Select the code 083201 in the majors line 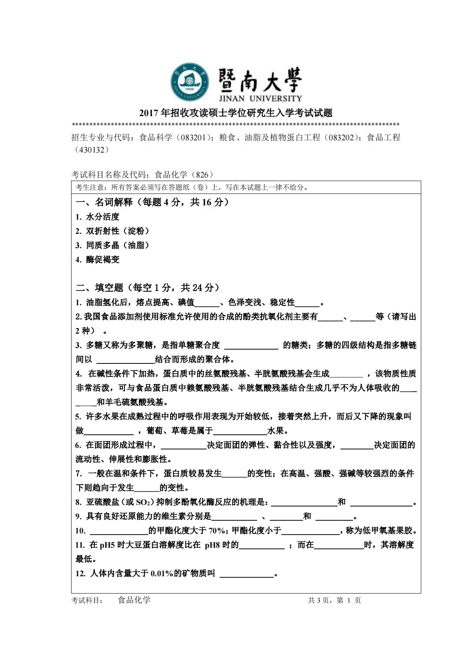(x=192, y=138)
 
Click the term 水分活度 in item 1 (x=103, y=217)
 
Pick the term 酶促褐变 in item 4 (x=103, y=260)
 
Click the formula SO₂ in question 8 (x=143, y=503)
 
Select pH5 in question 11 (x=107, y=545)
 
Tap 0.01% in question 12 (x=162, y=573)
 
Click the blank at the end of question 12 (x=246, y=574)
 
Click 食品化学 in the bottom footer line (x=134, y=600)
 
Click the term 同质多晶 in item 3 (x=103, y=245)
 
